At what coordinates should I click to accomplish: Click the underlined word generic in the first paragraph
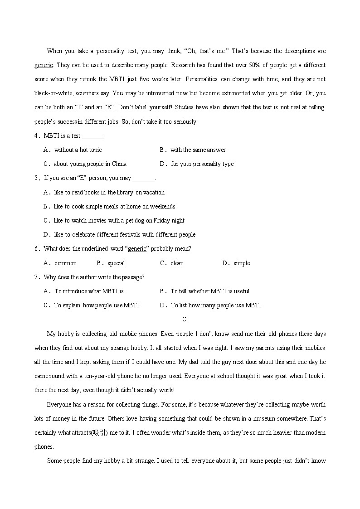coord(44,65)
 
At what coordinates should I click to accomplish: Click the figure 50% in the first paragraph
coord(237,65)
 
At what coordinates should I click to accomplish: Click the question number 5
coord(36,178)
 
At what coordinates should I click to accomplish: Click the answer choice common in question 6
coord(65,263)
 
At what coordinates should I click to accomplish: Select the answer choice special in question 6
coord(116,263)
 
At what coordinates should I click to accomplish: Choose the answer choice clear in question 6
coord(176,263)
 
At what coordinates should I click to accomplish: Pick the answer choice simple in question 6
coord(242,263)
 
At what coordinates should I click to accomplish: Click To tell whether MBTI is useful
coord(210,291)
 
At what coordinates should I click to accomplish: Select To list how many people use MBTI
coord(216,305)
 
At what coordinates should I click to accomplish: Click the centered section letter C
coord(184,320)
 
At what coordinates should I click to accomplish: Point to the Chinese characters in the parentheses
coord(99,433)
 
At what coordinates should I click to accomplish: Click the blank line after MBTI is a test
coord(93,136)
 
